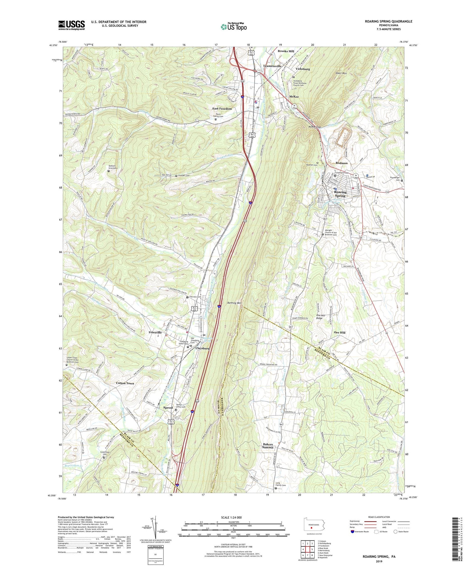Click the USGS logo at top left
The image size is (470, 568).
pyautogui.click(x=71, y=25)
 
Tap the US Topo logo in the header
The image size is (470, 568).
pyautogui.click(x=233, y=27)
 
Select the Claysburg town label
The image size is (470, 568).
pyautogui.click(x=202, y=348)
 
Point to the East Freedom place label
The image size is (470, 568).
pyautogui.click(x=222, y=109)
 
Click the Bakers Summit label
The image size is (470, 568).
pyautogui.click(x=268, y=446)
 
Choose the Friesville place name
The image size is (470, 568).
pyautogui.click(x=155, y=332)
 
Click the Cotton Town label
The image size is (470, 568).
pyautogui.click(x=125, y=383)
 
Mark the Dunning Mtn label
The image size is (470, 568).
pyautogui.click(x=234, y=303)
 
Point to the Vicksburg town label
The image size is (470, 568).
pyautogui.click(x=303, y=69)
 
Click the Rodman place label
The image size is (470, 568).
pyautogui.click(x=342, y=163)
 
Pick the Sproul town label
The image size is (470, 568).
pyautogui.click(x=168, y=408)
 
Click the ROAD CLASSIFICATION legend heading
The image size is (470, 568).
pyautogui.click(x=379, y=517)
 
